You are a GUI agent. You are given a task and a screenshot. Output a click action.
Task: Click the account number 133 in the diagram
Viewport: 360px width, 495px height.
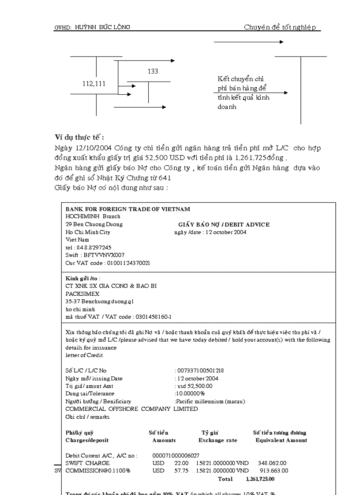[x=153, y=71]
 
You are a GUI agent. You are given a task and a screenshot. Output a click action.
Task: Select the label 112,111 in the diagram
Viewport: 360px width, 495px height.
[x=94, y=84]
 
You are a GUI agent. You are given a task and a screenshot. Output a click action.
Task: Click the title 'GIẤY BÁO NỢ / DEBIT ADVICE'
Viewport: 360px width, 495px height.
[x=224, y=224]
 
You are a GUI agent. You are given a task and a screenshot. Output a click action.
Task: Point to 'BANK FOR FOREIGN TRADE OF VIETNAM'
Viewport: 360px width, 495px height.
[x=128, y=209]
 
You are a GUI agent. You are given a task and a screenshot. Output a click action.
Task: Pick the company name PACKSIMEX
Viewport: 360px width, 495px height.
[x=82, y=294]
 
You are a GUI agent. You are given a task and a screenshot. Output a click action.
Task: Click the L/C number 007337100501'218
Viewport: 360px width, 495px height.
[x=200, y=371]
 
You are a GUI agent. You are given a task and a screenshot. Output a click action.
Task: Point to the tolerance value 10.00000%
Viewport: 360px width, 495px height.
[x=190, y=394]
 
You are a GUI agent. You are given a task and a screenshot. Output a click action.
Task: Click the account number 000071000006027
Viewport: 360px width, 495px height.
[x=176, y=455]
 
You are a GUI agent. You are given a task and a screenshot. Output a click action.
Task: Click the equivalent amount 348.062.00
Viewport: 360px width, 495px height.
[x=272, y=463]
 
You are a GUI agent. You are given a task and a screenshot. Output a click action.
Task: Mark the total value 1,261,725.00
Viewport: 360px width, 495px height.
[x=260, y=479]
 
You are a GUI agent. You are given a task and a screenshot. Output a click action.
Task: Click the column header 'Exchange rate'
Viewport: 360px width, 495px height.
[x=217, y=440]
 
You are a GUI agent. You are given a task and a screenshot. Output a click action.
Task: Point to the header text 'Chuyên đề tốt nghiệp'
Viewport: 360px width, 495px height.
[x=280, y=27]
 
